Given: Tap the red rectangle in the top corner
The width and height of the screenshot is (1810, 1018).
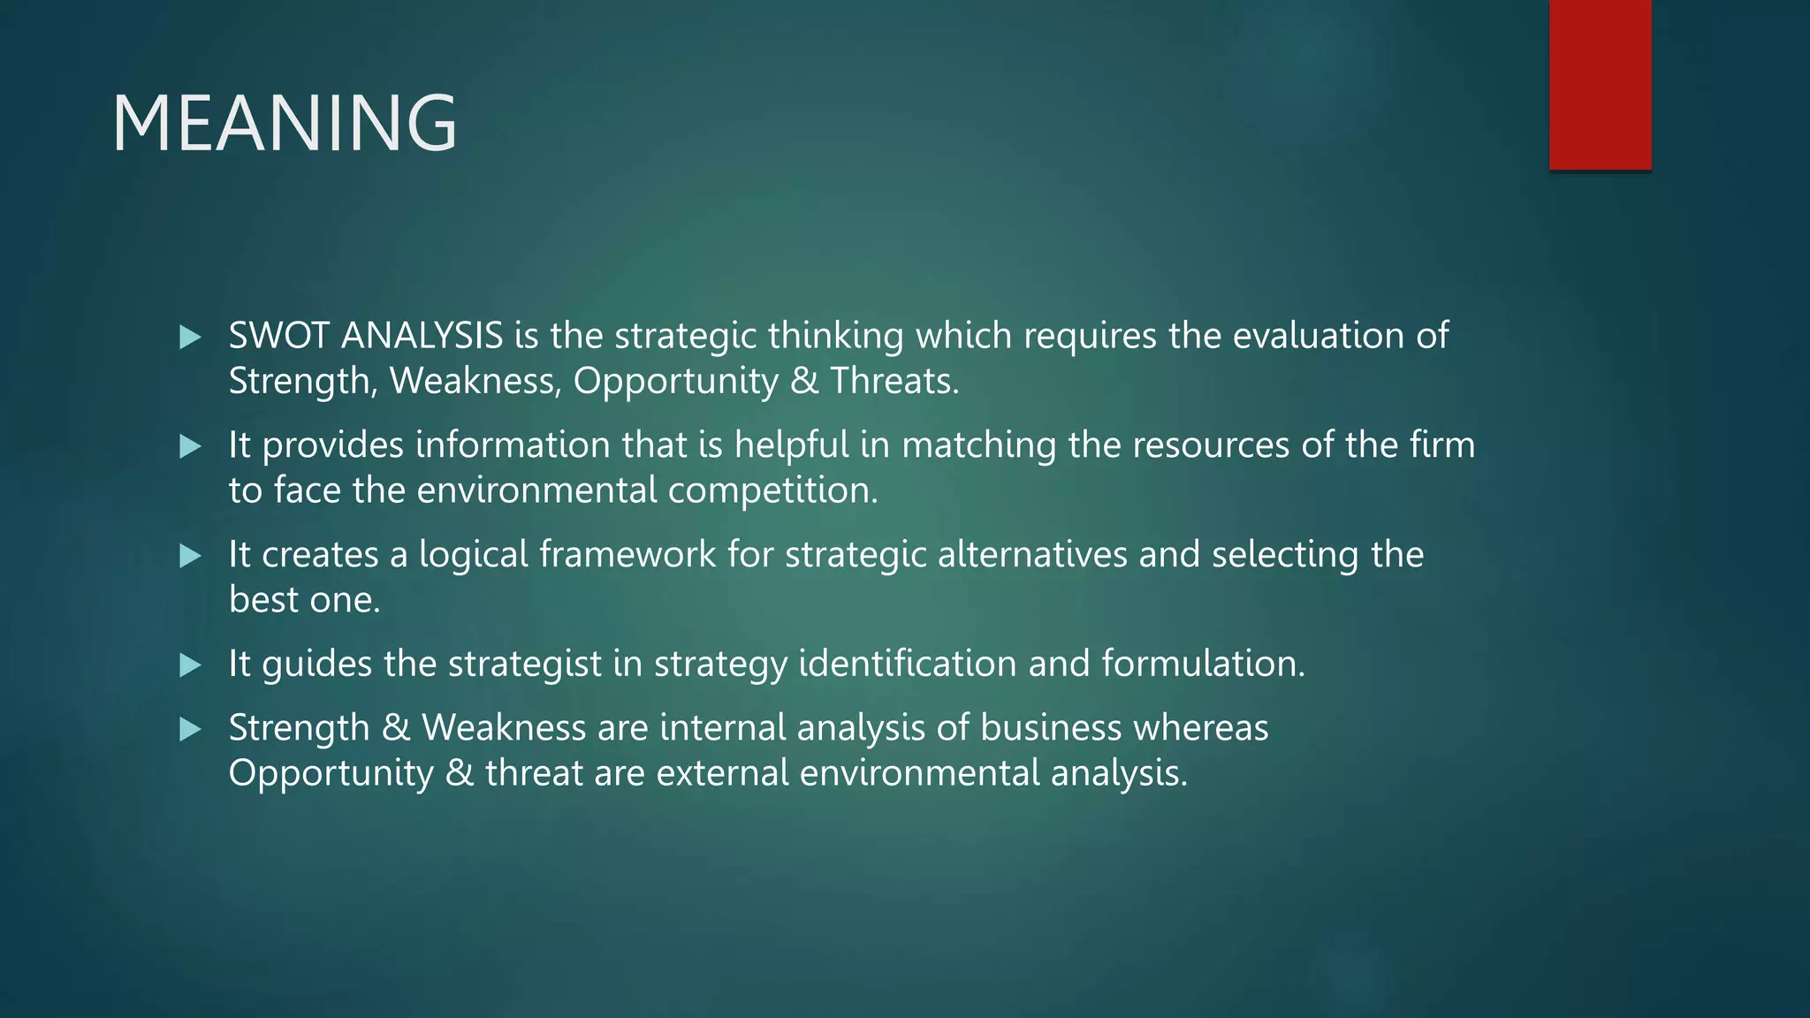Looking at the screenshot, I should pos(1600,84).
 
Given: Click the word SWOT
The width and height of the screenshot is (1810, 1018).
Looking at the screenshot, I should pos(279,336).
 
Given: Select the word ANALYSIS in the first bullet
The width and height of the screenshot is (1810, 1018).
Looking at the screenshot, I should pos(422,336).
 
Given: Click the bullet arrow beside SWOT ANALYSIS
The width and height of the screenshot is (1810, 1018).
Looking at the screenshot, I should pos(190,337).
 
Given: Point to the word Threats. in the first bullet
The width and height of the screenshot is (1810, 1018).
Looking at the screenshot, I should pos(894,381).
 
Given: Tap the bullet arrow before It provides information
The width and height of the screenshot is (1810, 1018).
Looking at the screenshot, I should pos(190,446).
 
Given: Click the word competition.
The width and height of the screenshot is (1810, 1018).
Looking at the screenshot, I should pos(773,490).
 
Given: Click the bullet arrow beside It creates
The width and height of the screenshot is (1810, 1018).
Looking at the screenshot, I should pos(190,556).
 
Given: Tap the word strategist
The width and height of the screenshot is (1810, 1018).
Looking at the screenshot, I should pos(525,664).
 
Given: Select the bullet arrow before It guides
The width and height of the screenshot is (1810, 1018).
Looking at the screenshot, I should pos(190,665).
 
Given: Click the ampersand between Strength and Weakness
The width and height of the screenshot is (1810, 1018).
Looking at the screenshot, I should pos(396,727).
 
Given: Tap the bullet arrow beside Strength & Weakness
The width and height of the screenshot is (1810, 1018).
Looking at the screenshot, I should pos(190,729).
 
